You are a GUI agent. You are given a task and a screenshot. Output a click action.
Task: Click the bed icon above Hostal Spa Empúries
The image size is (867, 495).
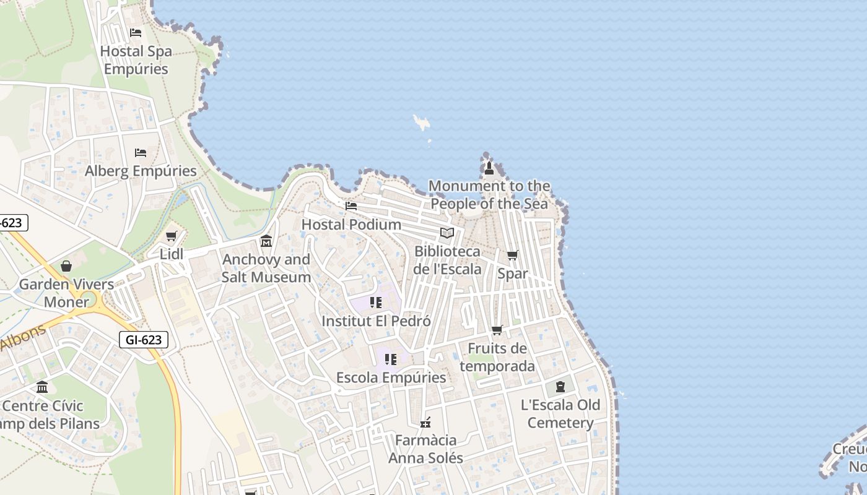pyautogui.click(x=136, y=33)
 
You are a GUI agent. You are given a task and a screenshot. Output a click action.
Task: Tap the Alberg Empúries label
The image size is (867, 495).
pyautogui.click(x=141, y=171)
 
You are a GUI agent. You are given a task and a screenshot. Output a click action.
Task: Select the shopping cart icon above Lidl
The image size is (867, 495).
pyautogui.click(x=172, y=236)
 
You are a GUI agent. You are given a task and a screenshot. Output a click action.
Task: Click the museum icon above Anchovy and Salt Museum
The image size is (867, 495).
pyautogui.click(x=266, y=241)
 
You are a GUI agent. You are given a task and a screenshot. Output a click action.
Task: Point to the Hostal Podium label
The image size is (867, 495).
pyautogui.click(x=351, y=224)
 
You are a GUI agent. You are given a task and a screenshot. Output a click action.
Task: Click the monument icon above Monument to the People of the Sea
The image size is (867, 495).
pyautogui.click(x=489, y=168)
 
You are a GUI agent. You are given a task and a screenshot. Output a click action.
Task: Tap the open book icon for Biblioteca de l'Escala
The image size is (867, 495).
pyautogui.click(x=447, y=233)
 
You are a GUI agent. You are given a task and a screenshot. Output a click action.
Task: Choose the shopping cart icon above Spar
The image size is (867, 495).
pyautogui.click(x=513, y=255)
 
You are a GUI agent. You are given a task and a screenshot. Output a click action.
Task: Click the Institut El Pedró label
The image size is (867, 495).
pyautogui.click(x=376, y=321)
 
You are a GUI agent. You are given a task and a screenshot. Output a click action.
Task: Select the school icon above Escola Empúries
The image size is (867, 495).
pyautogui.click(x=390, y=359)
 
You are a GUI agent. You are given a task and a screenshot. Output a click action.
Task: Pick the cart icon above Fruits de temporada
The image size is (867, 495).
pyautogui.click(x=497, y=330)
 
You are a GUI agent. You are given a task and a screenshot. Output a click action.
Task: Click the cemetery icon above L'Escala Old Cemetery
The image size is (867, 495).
pyautogui.click(x=560, y=387)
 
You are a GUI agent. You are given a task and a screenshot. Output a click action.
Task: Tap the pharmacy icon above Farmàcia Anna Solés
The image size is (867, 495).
pyautogui.click(x=425, y=423)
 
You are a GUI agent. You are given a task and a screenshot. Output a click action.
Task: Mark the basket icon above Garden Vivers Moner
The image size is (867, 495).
pyautogui.click(x=66, y=266)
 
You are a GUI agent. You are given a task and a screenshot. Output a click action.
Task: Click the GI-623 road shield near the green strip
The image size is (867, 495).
pyautogui.click(x=144, y=339)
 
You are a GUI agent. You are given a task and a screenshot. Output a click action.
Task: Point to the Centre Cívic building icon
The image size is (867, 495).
pyautogui.click(x=42, y=387)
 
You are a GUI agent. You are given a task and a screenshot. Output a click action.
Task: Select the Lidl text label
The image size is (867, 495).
pyautogui.click(x=172, y=254)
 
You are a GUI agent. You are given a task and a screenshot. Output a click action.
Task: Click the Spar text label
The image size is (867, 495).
pyautogui.click(x=513, y=273)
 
